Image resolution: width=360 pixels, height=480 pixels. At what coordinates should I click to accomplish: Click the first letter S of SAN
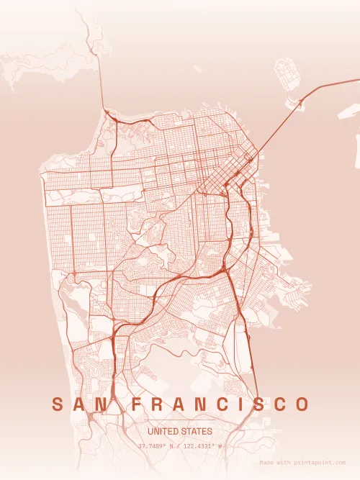57,404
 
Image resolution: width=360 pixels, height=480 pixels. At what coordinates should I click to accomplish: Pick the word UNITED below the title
163,431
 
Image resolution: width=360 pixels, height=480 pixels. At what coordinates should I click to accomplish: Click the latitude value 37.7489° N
157,446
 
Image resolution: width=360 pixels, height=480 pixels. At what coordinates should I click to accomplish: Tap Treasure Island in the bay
289,76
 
